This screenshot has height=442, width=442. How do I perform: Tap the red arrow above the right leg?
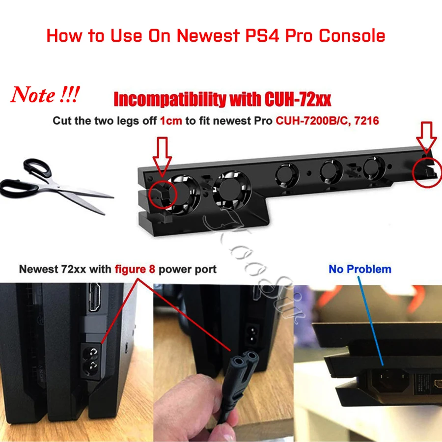(x=426, y=137)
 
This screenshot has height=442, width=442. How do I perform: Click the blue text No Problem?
(x=360, y=269)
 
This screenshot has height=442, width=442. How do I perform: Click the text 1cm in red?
(x=171, y=121)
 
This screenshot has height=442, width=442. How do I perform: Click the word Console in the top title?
(x=353, y=36)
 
